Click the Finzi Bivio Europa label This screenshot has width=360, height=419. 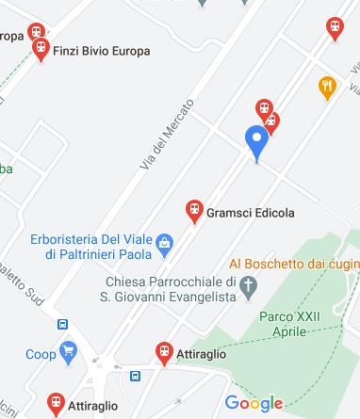point(103,51)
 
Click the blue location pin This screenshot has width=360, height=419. point(256,142)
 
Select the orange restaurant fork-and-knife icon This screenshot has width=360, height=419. point(327,88)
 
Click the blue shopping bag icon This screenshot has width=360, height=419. point(165,245)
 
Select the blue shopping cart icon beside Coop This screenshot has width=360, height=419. point(67,354)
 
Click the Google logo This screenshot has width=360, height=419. point(254,404)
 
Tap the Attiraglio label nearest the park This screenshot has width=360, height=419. point(202,355)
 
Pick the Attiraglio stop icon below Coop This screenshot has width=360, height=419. point(55,405)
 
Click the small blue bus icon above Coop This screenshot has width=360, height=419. point(63,324)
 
